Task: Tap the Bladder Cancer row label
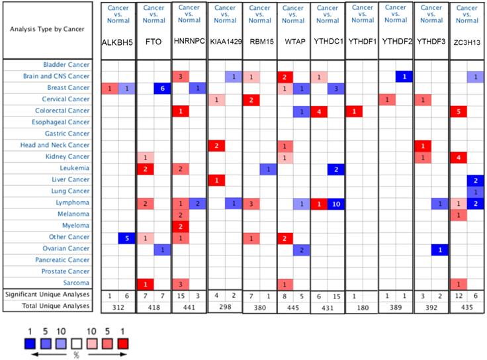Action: coord(66,65)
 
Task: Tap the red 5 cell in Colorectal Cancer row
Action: coord(459,111)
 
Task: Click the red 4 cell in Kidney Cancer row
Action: coord(459,157)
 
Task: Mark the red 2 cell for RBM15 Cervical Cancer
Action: coord(250,99)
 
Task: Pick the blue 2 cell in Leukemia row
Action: coord(335,168)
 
